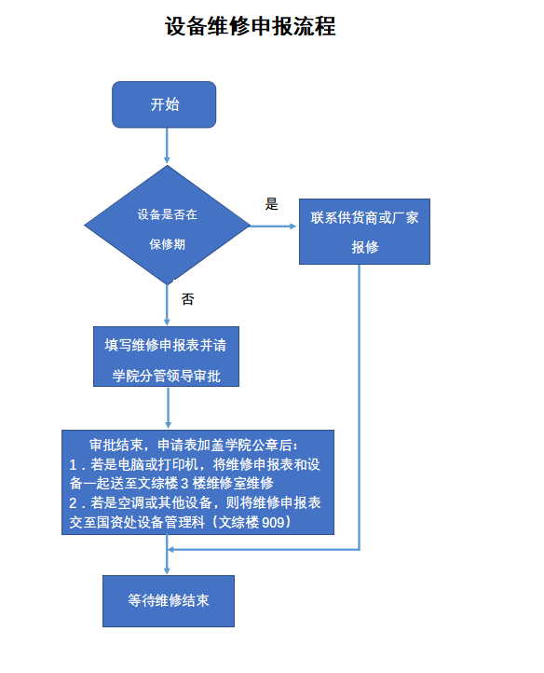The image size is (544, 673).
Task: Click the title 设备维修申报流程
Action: [251, 27]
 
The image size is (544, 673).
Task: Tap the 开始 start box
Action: [164, 104]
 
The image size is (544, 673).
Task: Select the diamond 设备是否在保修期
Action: [167, 225]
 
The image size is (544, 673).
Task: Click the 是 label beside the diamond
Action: [272, 204]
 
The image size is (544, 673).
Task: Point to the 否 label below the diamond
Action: [187, 299]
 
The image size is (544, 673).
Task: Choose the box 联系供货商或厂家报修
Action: [364, 231]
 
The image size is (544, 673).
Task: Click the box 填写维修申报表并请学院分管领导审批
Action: [166, 357]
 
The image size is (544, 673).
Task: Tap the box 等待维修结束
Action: [169, 601]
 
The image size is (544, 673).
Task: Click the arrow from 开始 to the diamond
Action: [167, 146]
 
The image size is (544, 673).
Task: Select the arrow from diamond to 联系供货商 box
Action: [273, 226]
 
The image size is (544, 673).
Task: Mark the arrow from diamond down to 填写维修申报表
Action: [167, 305]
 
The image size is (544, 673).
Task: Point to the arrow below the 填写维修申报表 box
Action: [168, 407]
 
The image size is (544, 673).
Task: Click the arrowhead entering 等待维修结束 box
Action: [167, 570]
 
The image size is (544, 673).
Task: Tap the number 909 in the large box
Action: [273, 522]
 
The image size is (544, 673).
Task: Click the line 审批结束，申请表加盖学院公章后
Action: [193, 445]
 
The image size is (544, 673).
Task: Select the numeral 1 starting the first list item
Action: [73, 465]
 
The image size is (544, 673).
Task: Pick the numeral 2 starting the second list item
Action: [73, 503]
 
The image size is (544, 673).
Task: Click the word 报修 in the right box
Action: [365, 247]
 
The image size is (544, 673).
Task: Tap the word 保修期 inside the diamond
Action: [168, 244]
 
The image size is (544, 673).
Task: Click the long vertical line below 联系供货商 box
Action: [359, 407]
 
